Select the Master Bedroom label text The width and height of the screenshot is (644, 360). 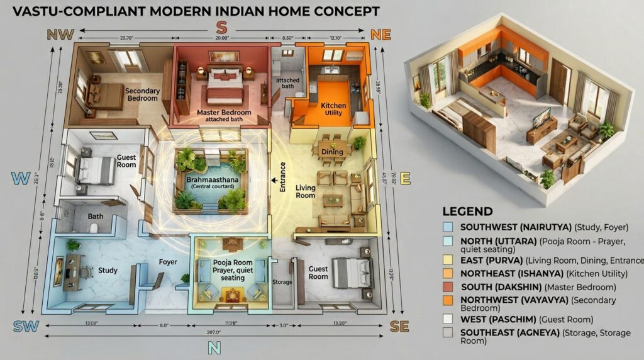coord(223,115)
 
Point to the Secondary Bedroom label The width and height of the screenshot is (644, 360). coord(143,94)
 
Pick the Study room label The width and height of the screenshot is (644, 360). coord(108,271)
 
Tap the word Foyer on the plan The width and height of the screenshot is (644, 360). coord(168,262)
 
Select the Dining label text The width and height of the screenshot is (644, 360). coord(332,152)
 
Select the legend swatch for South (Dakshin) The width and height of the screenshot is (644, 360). coord(448,287)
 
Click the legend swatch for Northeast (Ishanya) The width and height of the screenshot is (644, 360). coord(448,273)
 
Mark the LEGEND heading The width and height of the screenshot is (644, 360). coord(467,211)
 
